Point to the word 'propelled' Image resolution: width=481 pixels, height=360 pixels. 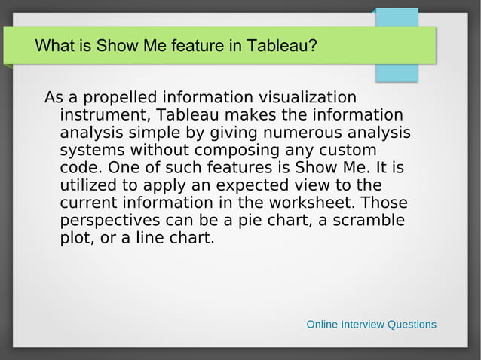(118, 98)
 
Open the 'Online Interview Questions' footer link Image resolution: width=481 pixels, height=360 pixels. (371, 325)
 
